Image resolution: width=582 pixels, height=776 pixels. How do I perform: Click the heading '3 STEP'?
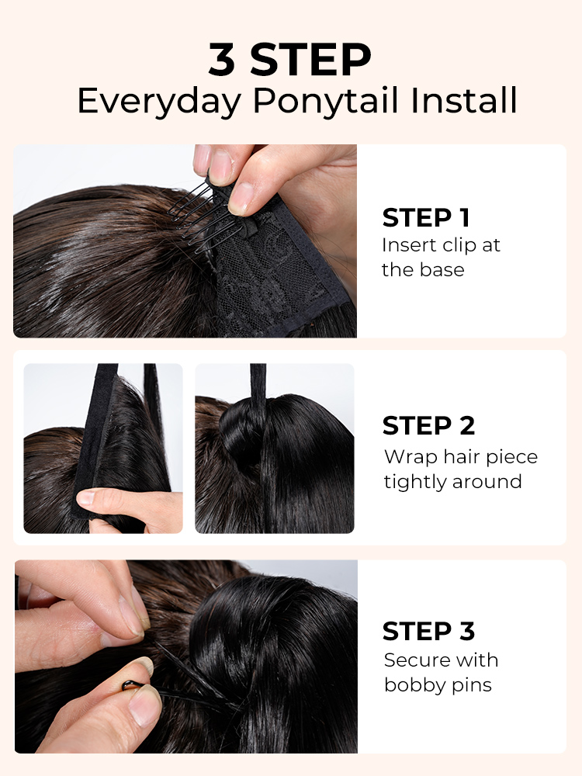click(290, 60)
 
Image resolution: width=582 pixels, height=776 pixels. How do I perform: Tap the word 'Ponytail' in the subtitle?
click(325, 101)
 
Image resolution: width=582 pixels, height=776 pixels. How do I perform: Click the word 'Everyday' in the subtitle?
click(159, 101)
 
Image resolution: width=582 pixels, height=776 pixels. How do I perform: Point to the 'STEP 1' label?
click(425, 218)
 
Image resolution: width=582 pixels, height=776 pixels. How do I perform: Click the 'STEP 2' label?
click(428, 425)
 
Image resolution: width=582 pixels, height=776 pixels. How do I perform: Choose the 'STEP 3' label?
click(428, 631)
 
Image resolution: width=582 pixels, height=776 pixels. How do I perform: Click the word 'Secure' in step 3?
click(409, 660)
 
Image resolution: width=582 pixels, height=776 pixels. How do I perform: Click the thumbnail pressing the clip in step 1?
click(242, 198)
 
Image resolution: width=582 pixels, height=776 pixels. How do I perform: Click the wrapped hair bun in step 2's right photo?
click(242, 431)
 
